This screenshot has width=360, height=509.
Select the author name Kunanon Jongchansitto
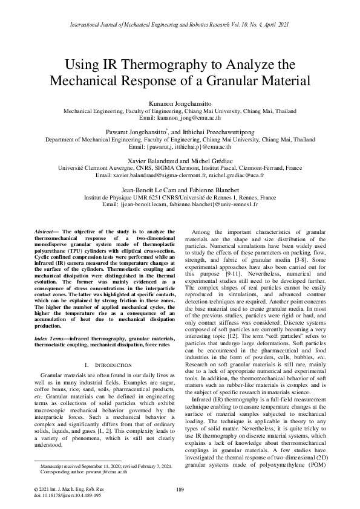[x=180, y=104]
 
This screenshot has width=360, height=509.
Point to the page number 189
[x=180, y=488]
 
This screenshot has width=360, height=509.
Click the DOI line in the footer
[x=58, y=495]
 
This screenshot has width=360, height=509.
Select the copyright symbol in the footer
[x=34, y=488]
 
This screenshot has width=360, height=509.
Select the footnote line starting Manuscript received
[x=106, y=467]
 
